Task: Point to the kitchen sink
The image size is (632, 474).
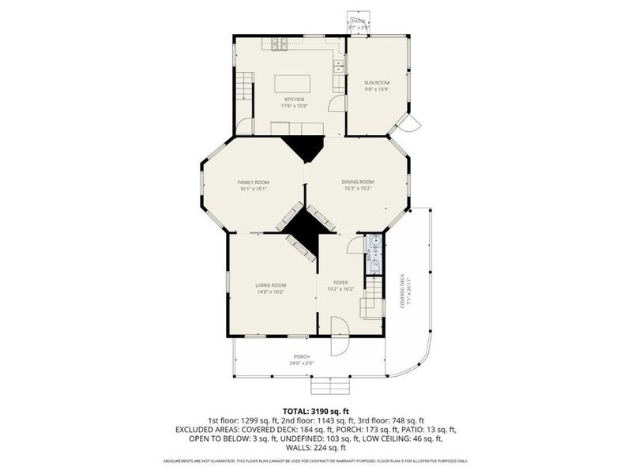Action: pyautogui.click(x=338, y=66)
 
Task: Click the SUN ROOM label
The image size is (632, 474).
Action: pyautogui.click(x=376, y=82)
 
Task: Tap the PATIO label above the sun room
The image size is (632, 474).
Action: pyautogui.click(x=358, y=22)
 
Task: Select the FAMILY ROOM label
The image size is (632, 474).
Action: pyautogui.click(x=253, y=182)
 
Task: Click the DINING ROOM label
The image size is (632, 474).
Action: pyautogui.click(x=358, y=182)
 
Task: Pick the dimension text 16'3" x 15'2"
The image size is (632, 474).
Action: pyautogui.click(x=358, y=189)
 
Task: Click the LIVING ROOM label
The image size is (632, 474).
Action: pyautogui.click(x=270, y=285)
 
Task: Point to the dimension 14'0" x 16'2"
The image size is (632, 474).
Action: pyautogui.click(x=270, y=292)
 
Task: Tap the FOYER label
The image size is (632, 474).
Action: pyautogui.click(x=340, y=282)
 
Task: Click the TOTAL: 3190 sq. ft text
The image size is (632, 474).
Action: pyautogui.click(x=316, y=412)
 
